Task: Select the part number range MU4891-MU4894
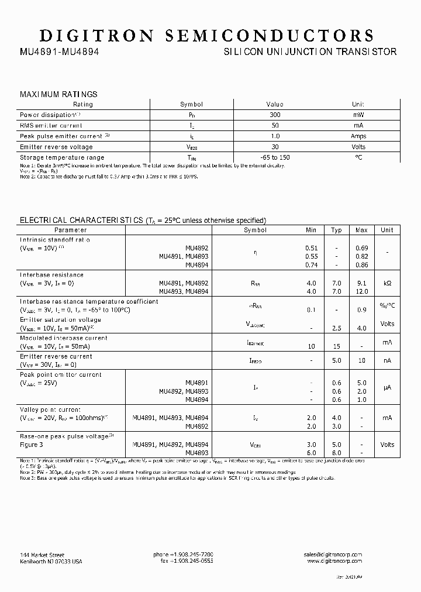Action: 60,52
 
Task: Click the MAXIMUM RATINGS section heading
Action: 58,94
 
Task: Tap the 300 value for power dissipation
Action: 275,115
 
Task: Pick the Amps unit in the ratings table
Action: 358,136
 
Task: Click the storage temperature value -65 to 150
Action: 275,157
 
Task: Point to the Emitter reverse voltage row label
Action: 56,147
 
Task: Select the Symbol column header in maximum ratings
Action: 191,104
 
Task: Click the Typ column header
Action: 336,230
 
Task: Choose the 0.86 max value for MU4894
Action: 361,265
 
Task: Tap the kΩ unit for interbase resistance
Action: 387,283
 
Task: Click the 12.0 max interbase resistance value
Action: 361,291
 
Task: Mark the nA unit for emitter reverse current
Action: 387,361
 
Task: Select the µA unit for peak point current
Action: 387,388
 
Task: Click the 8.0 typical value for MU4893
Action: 336,453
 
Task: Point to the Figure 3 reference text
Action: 32,445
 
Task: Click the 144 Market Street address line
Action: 42,555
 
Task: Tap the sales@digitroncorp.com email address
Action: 333,555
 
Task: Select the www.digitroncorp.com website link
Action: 334,561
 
